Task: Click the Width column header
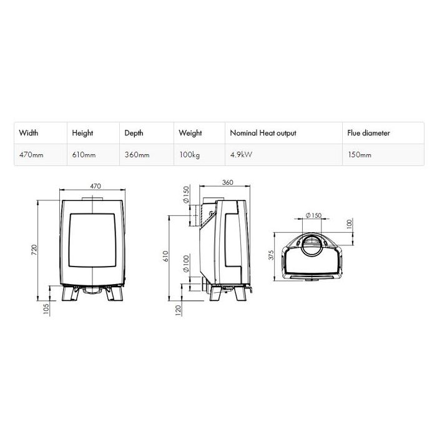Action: click(29, 132)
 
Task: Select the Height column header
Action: click(82, 133)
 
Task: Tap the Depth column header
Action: click(134, 133)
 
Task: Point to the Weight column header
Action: click(190, 133)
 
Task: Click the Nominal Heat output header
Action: click(263, 133)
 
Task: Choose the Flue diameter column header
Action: click(368, 133)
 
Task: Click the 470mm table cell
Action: click(31, 155)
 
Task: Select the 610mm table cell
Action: click(84, 155)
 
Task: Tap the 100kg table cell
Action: click(190, 155)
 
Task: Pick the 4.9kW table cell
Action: click(241, 155)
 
